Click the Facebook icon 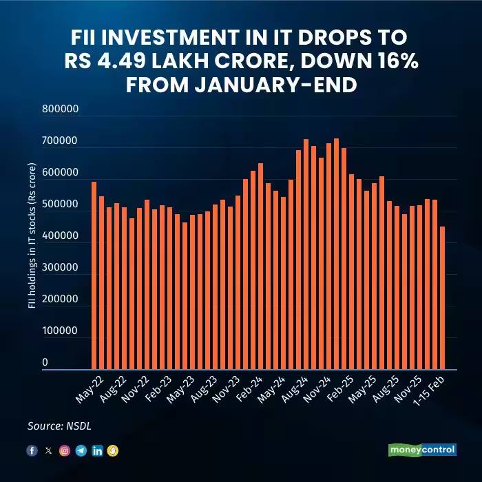click(x=32, y=450)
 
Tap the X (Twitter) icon click(x=48, y=450)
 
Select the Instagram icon click(x=65, y=450)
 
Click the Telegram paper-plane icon click(x=81, y=450)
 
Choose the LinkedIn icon click(x=98, y=450)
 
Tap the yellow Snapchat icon click(x=114, y=450)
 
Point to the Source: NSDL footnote click(x=59, y=426)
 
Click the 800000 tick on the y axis click(x=60, y=109)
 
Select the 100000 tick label click(x=60, y=331)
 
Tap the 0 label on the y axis click(x=45, y=362)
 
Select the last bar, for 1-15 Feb click(x=443, y=298)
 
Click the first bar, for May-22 click(x=94, y=275)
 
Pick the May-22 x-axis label click(x=85, y=391)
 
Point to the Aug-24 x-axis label click(x=295, y=391)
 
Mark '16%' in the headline click(x=391, y=63)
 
